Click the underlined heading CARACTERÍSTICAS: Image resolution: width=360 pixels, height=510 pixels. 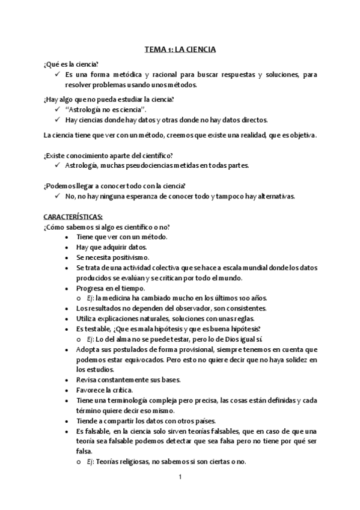73,216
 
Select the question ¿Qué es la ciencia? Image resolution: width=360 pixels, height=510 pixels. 71,64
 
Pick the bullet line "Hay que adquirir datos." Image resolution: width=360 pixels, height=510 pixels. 112,247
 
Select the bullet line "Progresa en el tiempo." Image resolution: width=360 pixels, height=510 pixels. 111,287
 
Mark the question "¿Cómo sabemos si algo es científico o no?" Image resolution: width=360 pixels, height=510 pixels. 106,226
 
